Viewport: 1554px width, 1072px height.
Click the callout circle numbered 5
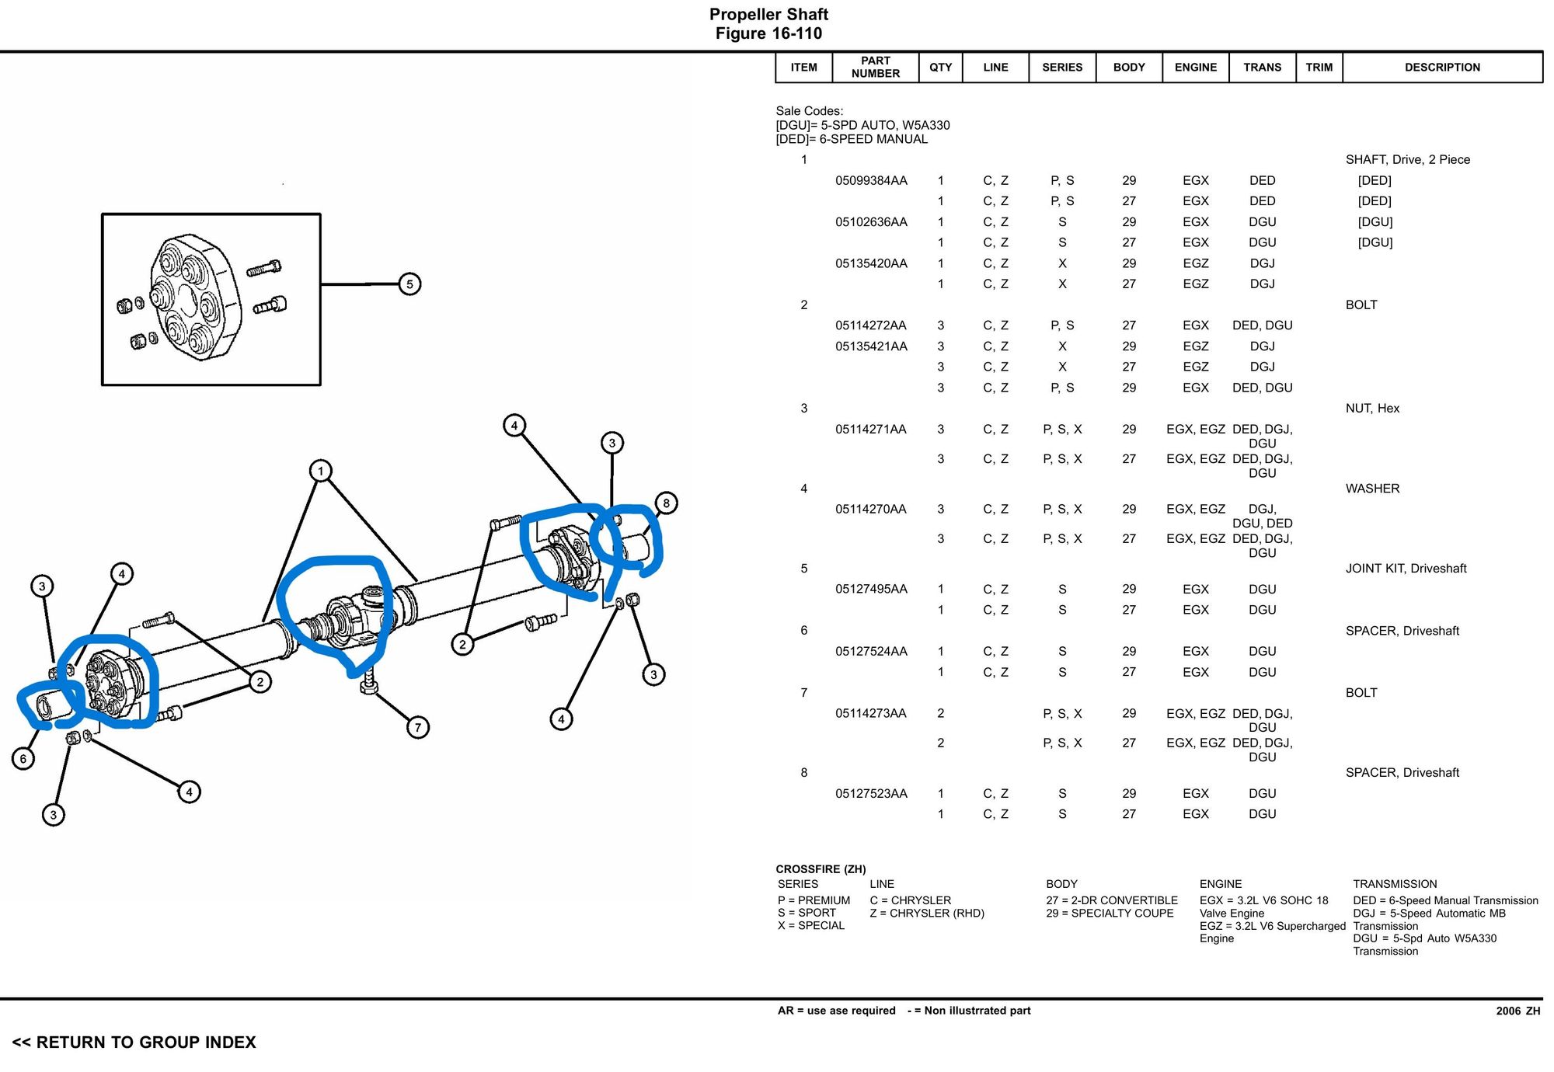pos(409,284)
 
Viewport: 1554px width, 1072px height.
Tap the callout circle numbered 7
pos(418,727)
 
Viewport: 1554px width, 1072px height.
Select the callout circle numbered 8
pos(666,503)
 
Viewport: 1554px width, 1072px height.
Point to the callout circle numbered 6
pos(23,758)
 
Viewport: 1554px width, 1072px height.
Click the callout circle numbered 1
pos(320,471)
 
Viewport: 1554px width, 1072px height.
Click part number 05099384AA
pos(871,181)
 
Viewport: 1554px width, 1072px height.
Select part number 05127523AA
pos(871,794)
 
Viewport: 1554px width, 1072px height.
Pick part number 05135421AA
pos(871,346)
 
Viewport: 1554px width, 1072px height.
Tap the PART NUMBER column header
pos(875,68)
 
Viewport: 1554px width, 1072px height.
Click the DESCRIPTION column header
pos(1442,68)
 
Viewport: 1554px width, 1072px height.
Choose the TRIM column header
pos(1319,68)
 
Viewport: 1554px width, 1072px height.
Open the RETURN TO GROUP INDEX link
pos(134,1042)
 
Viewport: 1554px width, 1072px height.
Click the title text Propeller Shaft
pos(768,15)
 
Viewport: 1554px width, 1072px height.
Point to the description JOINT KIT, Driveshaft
pos(1406,569)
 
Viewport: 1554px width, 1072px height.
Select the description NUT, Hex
pos(1372,409)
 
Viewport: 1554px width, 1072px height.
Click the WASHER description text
pos(1372,489)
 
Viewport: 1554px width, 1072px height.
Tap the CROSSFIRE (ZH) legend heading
pos(821,869)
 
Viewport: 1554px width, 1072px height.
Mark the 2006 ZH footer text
pos(1517,1011)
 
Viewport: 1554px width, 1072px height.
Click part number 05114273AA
pos(871,714)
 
